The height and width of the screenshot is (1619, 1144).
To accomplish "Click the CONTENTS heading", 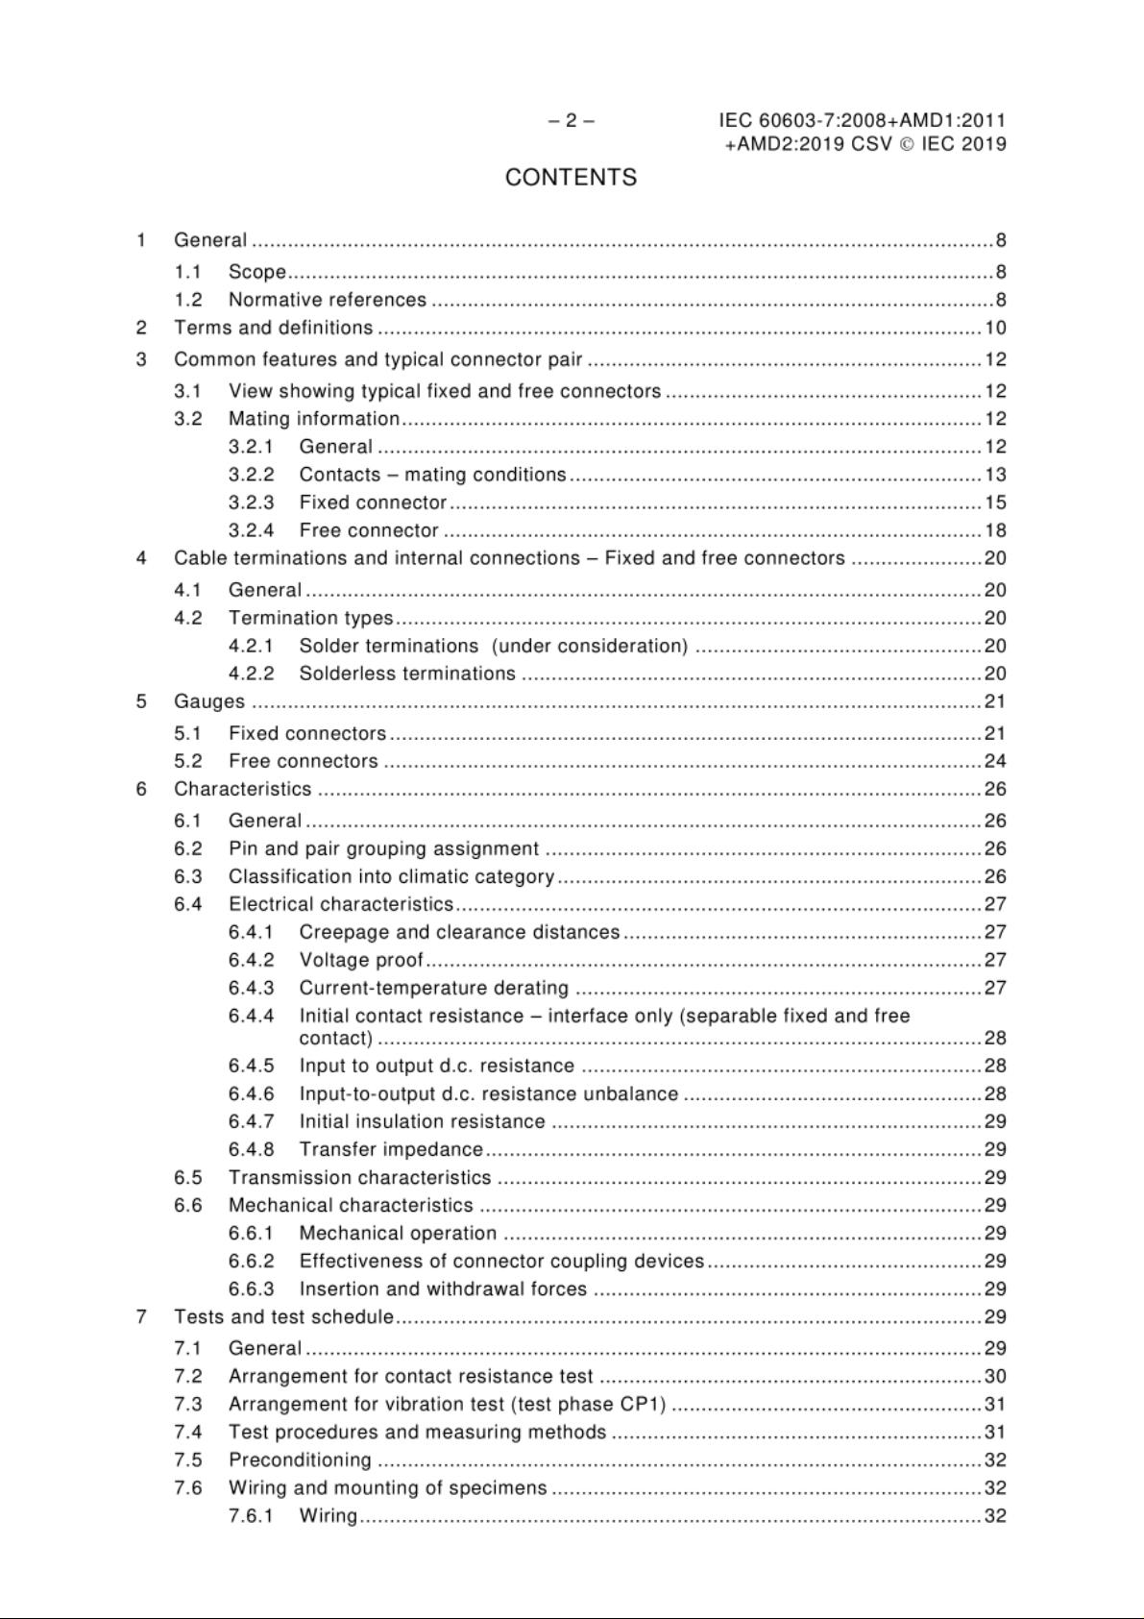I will pyautogui.click(x=571, y=178).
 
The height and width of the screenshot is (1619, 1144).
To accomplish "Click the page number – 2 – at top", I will pyautogui.click(x=571, y=121).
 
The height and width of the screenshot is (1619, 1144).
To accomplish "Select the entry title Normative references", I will pyautogui.click(x=327, y=300).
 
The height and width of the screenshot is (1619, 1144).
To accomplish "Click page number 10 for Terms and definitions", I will pyautogui.click(x=995, y=328).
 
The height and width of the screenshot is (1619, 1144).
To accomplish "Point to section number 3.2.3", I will pyautogui.click(x=251, y=503).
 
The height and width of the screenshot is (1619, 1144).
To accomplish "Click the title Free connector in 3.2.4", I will pyautogui.click(x=369, y=530).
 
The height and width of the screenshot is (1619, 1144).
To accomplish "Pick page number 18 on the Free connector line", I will pyautogui.click(x=995, y=530).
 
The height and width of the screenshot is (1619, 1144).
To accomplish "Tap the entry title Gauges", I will pyautogui.click(x=208, y=701).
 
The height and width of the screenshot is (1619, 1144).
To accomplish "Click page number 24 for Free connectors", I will pyautogui.click(x=995, y=761).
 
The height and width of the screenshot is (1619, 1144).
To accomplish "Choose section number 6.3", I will pyautogui.click(x=188, y=876).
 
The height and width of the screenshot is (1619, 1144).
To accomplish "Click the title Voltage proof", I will pyautogui.click(x=361, y=960).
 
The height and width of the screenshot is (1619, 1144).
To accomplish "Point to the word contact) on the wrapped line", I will pyautogui.click(x=335, y=1038).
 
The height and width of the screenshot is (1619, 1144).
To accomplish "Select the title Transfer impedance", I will pyautogui.click(x=391, y=1149).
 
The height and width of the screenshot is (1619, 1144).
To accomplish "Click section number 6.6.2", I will pyautogui.click(x=251, y=1261).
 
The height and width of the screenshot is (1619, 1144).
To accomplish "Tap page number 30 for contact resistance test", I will pyautogui.click(x=995, y=1376).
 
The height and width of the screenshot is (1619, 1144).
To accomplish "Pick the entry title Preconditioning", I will pyautogui.click(x=300, y=1460).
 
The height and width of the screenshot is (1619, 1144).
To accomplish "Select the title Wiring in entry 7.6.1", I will pyautogui.click(x=328, y=1515).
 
